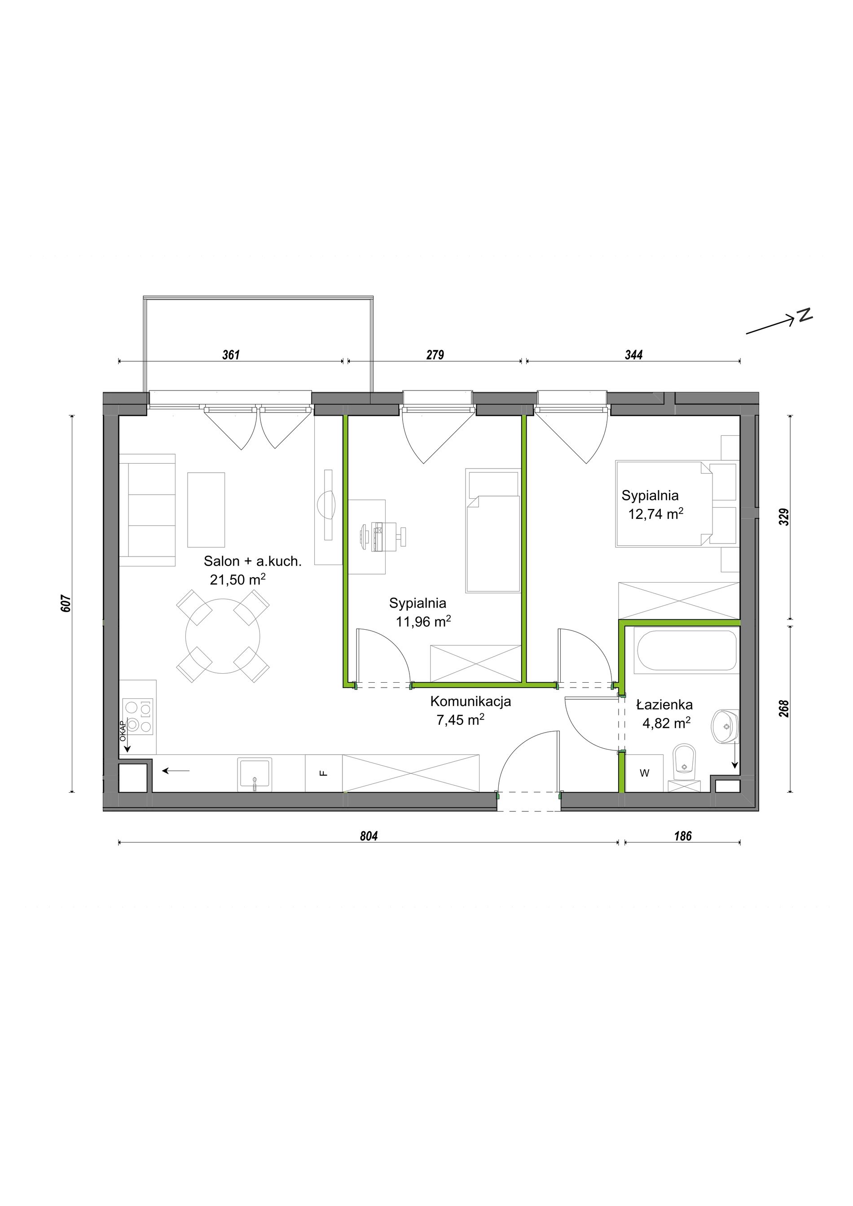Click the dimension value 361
point(231,355)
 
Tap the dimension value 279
point(435,355)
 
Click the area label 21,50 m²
point(237,579)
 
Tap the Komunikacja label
point(470,701)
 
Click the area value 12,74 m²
point(655,514)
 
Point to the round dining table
point(223,636)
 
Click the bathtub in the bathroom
point(686,650)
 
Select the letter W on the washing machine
point(645,773)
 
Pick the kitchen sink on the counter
point(255,774)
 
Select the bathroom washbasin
point(725,727)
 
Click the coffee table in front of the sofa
point(207,509)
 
